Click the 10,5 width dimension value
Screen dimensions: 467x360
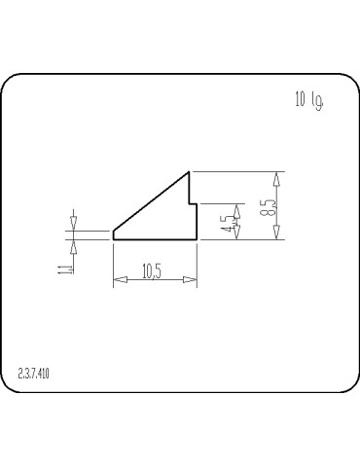(x=152, y=271)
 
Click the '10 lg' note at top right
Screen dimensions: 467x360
(x=307, y=99)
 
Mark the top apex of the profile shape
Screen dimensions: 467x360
(x=188, y=172)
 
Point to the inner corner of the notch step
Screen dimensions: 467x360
(x=189, y=203)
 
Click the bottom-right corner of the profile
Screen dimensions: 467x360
(x=197, y=239)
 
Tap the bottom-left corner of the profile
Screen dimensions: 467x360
(x=114, y=239)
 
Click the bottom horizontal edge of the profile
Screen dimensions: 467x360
(x=156, y=239)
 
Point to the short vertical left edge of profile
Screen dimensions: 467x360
(x=114, y=234)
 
